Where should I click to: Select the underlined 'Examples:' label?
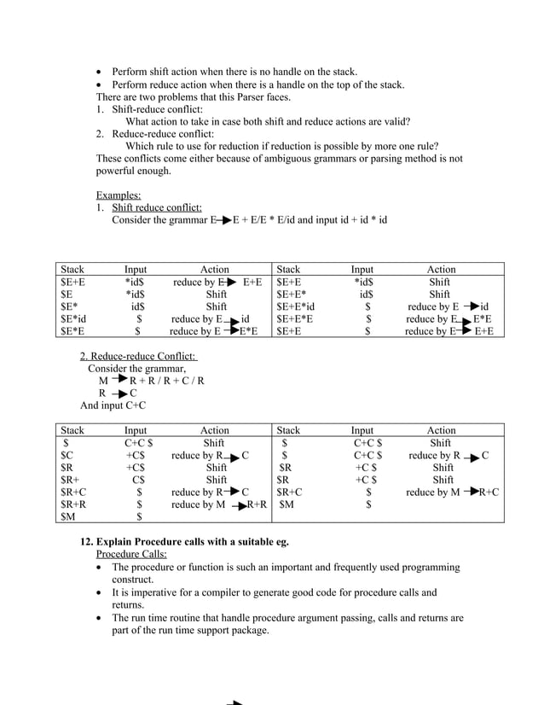click(119, 195)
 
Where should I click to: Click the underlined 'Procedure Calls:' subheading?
click(131, 554)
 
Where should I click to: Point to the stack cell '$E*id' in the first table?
click(73, 318)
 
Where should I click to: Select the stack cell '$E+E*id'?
click(296, 306)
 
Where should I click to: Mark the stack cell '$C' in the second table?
click(67, 456)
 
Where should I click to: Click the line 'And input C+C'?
click(113, 405)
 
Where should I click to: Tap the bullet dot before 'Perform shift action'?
click(101, 72)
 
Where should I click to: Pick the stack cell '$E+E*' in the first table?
click(292, 294)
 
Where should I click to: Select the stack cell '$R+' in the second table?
click(68, 481)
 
